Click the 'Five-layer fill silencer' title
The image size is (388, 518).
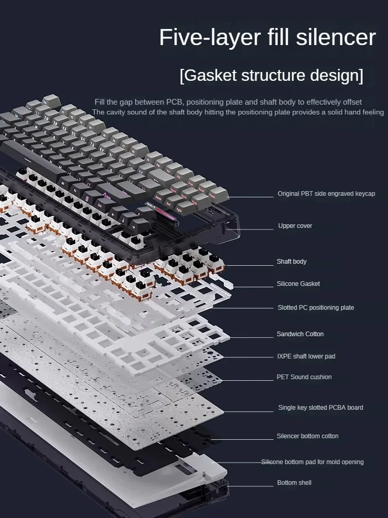(267, 38)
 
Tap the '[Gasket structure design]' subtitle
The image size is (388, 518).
(271, 76)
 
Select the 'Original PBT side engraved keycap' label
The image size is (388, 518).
(326, 194)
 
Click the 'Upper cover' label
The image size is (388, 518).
(295, 226)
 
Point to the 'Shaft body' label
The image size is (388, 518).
(291, 262)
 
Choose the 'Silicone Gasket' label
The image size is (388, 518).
(298, 284)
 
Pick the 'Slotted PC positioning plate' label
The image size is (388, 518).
(316, 308)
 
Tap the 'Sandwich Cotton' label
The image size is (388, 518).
(300, 334)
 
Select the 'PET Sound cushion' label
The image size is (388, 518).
(304, 377)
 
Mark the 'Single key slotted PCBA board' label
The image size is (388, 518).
(320, 408)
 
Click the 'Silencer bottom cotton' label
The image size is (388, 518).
(307, 436)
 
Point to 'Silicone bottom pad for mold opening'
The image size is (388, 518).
(312, 462)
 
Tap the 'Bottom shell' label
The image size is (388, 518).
(294, 483)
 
